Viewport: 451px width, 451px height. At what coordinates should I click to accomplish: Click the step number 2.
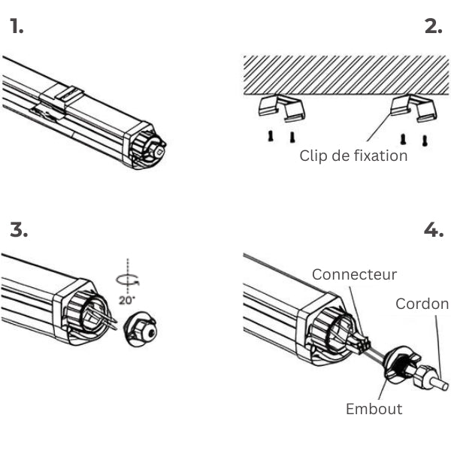pos(433,28)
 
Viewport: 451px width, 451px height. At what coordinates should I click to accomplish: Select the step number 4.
pos(434,230)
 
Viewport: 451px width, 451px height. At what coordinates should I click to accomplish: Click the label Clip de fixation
pos(353,156)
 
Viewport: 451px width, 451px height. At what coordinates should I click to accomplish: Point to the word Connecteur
pos(354,274)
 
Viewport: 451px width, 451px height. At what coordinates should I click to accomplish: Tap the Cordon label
pos(422,304)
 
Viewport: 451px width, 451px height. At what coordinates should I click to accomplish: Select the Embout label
pos(374,409)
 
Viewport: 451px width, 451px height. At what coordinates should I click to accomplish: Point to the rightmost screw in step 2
pos(425,139)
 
